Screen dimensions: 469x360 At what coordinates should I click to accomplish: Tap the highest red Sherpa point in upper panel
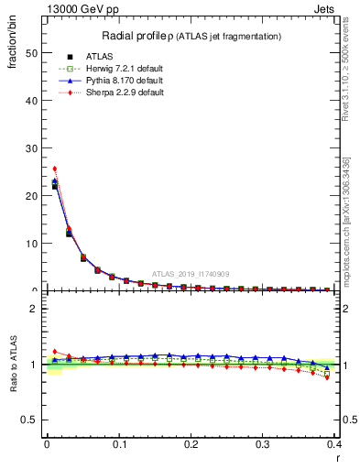[54, 169]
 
